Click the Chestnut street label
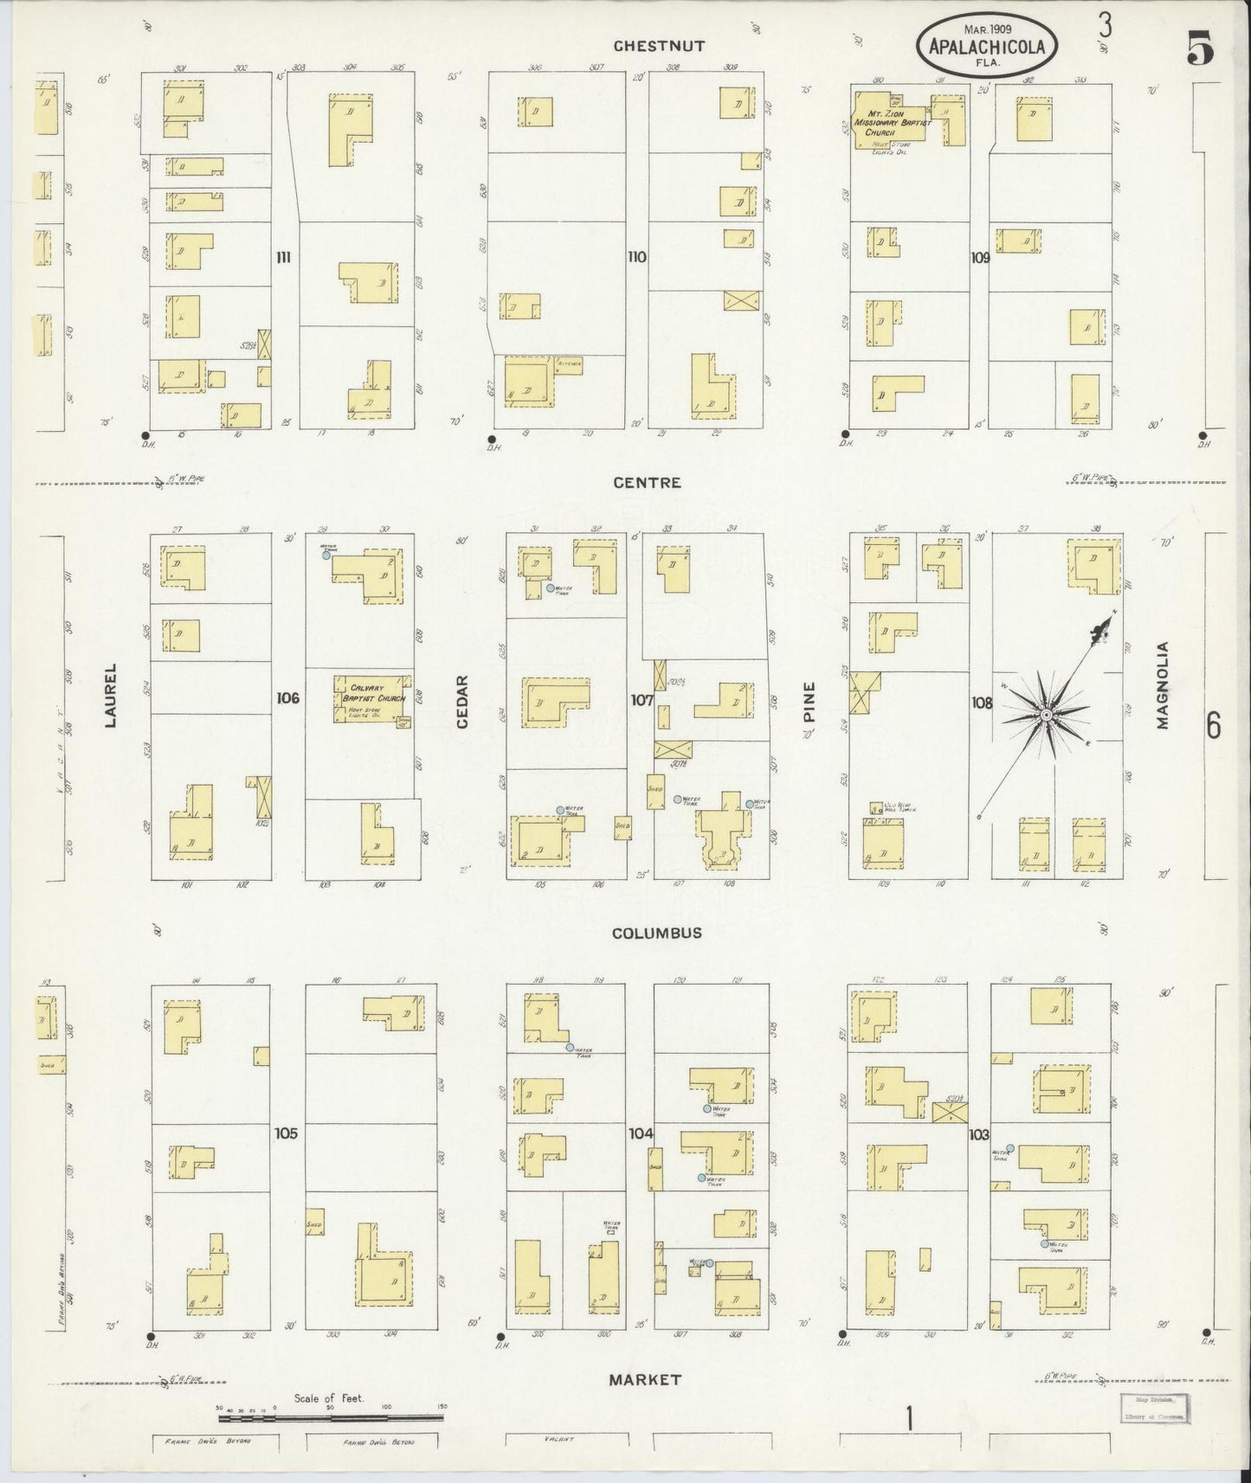659,47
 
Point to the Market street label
646,1379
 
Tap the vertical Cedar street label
461,701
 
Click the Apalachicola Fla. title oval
988,47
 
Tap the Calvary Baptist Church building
371,697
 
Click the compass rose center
1046,715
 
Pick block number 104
641,1133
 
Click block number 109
979,257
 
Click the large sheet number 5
1199,48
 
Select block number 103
978,1133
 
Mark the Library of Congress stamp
1155,1408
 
